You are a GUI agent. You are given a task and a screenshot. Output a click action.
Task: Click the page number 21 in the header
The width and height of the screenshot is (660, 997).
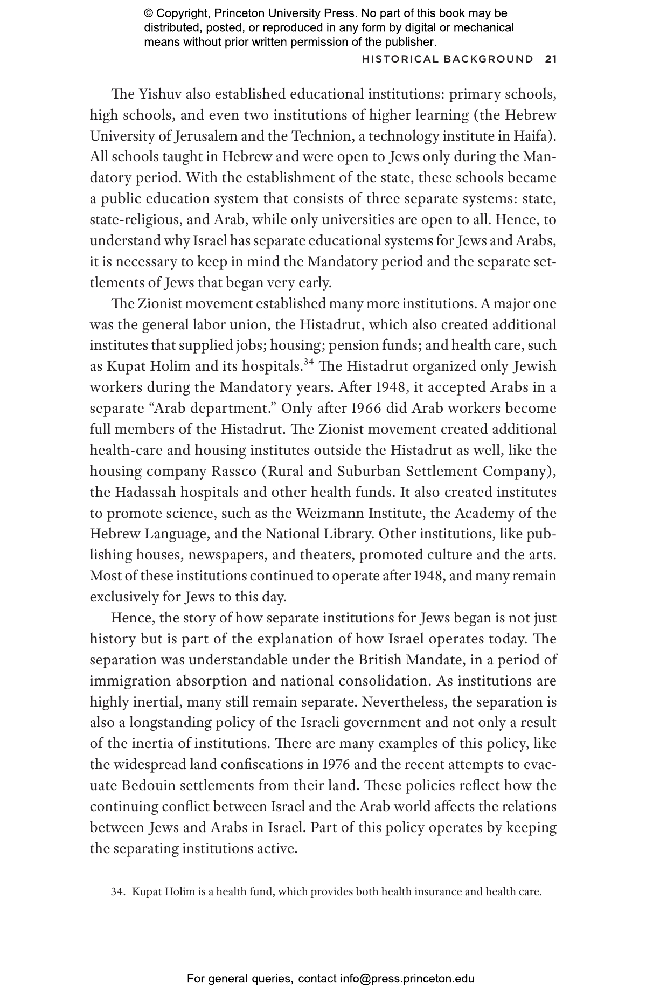pyautogui.click(x=550, y=59)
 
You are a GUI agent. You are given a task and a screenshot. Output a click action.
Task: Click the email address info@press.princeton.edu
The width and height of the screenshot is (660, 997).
pyautogui.click(x=407, y=979)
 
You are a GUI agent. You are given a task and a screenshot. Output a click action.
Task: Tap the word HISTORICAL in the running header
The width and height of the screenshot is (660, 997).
pyautogui.click(x=399, y=59)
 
